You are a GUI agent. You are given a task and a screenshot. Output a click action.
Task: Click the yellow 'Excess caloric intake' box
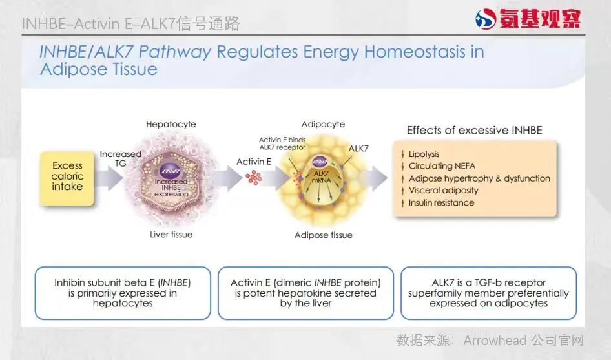(67, 176)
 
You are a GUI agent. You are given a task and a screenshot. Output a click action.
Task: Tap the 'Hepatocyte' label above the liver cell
(171, 124)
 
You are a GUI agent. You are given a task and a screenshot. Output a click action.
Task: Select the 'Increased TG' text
(120, 158)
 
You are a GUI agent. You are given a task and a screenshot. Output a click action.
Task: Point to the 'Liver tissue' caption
(171, 234)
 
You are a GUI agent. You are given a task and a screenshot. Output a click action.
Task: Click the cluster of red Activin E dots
(253, 176)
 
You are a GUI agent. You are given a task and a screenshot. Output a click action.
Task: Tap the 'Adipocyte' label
(323, 124)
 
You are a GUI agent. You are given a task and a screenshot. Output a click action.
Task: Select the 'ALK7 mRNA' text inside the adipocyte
(321, 176)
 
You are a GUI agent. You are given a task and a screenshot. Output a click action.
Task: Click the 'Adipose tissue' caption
(323, 235)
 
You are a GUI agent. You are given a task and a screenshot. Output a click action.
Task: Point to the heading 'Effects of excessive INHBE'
(474, 131)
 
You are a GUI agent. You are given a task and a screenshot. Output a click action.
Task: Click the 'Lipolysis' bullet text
(424, 154)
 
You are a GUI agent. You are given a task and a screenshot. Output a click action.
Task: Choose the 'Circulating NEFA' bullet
(442, 166)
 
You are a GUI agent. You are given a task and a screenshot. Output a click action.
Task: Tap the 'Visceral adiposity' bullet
(443, 191)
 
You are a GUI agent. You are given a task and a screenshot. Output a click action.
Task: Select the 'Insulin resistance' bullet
(441, 203)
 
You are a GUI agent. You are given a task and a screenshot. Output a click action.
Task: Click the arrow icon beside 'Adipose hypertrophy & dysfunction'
(403, 179)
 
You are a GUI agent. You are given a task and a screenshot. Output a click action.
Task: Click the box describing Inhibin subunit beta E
(123, 293)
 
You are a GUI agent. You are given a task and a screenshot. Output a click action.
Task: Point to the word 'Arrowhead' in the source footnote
(495, 340)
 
